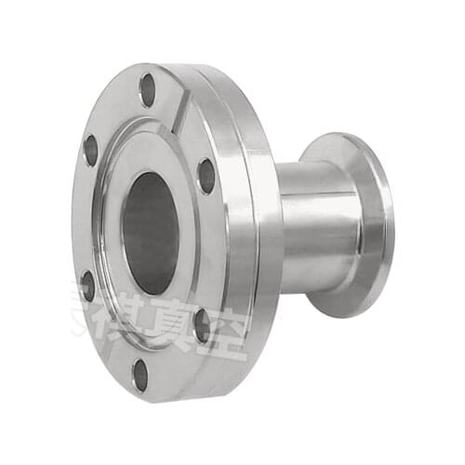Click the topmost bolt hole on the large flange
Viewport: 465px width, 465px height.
[147, 89]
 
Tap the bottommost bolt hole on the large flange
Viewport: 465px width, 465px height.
[140, 374]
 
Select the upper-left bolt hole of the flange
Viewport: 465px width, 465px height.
[91, 150]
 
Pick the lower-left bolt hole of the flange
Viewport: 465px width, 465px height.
[87, 285]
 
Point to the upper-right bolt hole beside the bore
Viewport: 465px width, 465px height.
[206, 175]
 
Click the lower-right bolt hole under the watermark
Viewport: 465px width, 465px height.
[202, 325]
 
